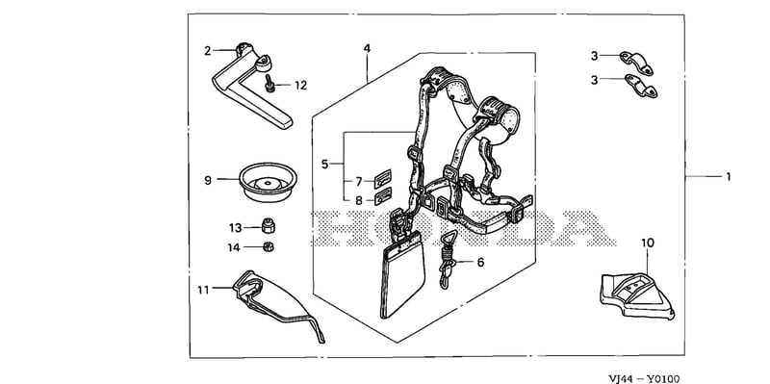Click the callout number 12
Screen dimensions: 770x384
pyautogui.click(x=300, y=86)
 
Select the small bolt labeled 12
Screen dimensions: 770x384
pyautogui.click(x=269, y=83)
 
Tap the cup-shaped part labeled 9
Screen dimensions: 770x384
pyautogui.click(x=269, y=182)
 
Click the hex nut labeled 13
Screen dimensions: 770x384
pyautogui.click(x=268, y=225)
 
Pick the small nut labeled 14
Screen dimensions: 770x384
pyautogui.click(x=269, y=246)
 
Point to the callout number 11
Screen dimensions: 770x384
pyautogui.click(x=203, y=291)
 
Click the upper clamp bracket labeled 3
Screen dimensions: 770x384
pyautogui.click(x=636, y=64)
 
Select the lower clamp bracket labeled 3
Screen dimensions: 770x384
pyautogui.click(x=640, y=86)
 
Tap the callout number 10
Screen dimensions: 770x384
pyautogui.click(x=648, y=243)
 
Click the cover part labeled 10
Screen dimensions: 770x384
pyautogui.click(x=637, y=295)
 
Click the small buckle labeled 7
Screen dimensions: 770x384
pyautogui.click(x=383, y=179)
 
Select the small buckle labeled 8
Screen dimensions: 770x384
pyautogui.click(x=383, y=196)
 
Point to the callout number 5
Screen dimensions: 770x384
pyautogui.click(x=324, y=164)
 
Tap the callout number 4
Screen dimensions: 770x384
pyautogui.click(x=367, y=49)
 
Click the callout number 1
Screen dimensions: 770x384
pyautogui.click(x=728, y=176)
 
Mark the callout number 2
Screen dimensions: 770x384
pyautogui.click(x=208, y=51)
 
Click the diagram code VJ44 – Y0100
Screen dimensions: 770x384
pyautogui.click(x=644, y=378)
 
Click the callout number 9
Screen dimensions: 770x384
pyautogui.click(x=208, y=180)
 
